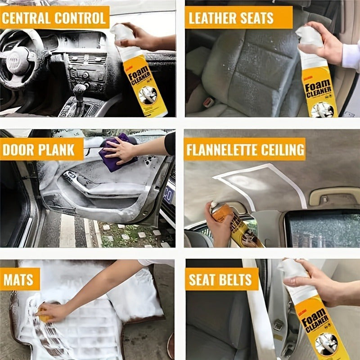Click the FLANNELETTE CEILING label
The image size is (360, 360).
tap(245, 149)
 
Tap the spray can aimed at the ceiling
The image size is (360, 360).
tap(236, 225)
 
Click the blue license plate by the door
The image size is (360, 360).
tap(169, 196)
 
